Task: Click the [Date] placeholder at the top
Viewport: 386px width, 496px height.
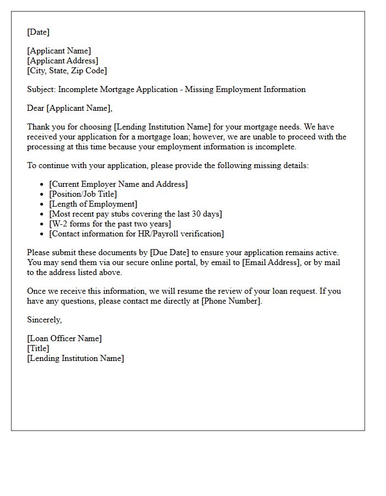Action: (38, 32)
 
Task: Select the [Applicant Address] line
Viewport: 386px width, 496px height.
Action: (62, 61)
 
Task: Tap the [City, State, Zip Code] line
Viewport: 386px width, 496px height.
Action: (67, 71)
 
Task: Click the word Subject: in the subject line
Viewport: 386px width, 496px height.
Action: (41, 89)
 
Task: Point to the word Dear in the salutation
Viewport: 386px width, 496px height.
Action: (36, 108)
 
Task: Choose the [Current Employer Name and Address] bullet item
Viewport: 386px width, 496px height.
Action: (118, 184)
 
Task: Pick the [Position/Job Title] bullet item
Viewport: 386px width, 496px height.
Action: (83, 194)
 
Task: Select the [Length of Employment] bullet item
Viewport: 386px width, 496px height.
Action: (93, 204)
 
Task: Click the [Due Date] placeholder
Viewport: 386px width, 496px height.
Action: (168, 252)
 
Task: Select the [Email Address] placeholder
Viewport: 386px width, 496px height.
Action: (271, 262)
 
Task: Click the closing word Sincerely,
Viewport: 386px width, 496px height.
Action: (45, 320)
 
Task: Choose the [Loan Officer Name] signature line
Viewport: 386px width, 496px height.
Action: (65, 338)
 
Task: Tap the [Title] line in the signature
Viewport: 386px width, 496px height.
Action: (38, 348)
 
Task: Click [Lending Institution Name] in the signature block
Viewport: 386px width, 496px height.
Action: (76, 358)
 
